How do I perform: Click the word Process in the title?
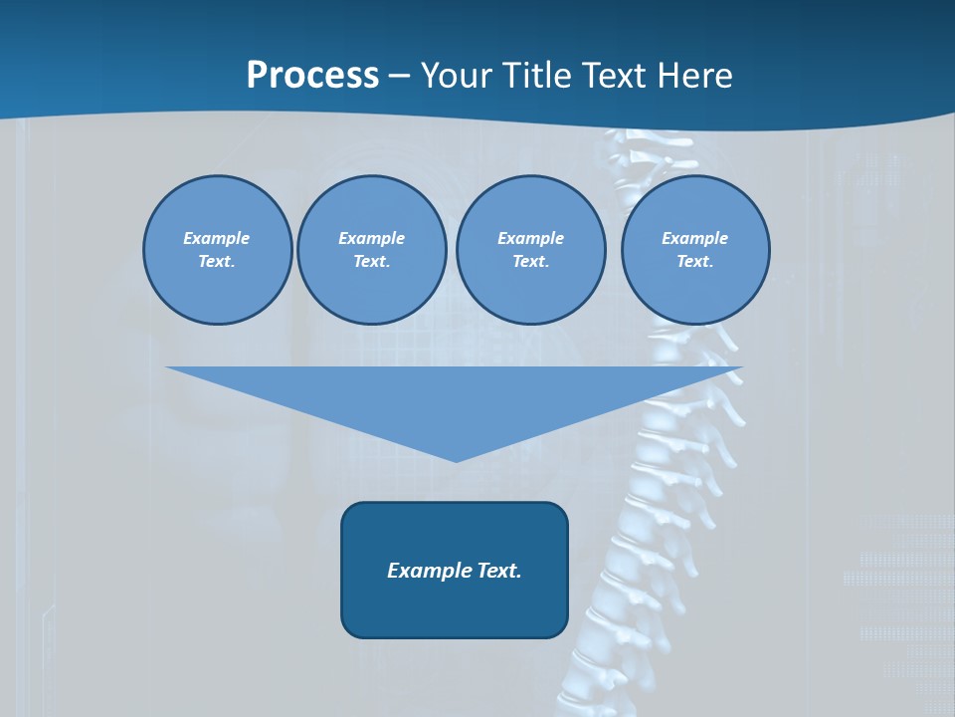[312, 75]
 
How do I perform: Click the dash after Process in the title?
[400, 77]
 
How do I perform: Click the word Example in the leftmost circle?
[217, 238]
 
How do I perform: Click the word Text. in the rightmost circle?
[695, 261]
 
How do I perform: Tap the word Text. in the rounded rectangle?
[499, 571]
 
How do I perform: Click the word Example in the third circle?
[530, 238]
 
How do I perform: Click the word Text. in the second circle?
[372, 261]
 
